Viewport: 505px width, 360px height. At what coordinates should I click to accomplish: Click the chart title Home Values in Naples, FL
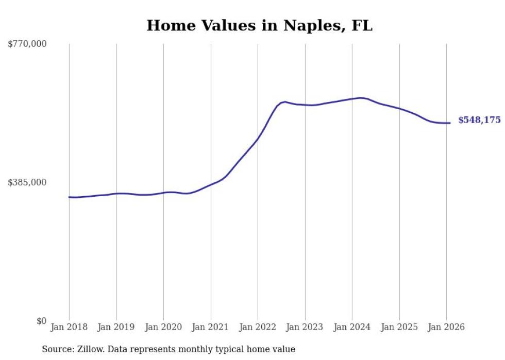(259, 25)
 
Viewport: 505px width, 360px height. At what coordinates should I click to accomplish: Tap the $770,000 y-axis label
(27, 44)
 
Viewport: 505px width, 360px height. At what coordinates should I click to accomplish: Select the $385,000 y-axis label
(27, 182)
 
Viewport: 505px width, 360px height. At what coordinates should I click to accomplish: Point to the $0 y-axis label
(41, 321)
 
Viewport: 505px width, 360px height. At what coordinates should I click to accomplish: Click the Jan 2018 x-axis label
(69, 327)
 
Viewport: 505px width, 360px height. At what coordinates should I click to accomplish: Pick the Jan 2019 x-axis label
(116, 327)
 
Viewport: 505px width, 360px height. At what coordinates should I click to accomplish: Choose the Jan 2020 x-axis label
(163, 327)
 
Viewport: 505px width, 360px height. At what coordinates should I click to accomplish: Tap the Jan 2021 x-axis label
(211, 327)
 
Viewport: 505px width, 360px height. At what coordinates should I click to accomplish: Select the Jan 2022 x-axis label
(258, 327)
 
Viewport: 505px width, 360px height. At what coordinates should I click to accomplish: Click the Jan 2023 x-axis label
(305, 327)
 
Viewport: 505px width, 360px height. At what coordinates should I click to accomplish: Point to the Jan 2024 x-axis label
(352, 327)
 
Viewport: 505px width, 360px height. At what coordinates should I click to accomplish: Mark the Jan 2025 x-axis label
(399, 327)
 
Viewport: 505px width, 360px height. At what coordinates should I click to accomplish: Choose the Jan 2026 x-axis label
(446, 327)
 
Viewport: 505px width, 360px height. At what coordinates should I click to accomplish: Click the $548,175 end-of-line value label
(479, 120)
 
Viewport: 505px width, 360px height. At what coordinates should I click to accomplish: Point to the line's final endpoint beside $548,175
(450, 123)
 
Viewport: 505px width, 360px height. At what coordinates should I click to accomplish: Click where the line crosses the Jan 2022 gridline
(258, 139)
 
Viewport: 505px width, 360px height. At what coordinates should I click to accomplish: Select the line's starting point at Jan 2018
(69, 197)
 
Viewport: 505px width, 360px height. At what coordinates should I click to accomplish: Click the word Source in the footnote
(57, 349)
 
